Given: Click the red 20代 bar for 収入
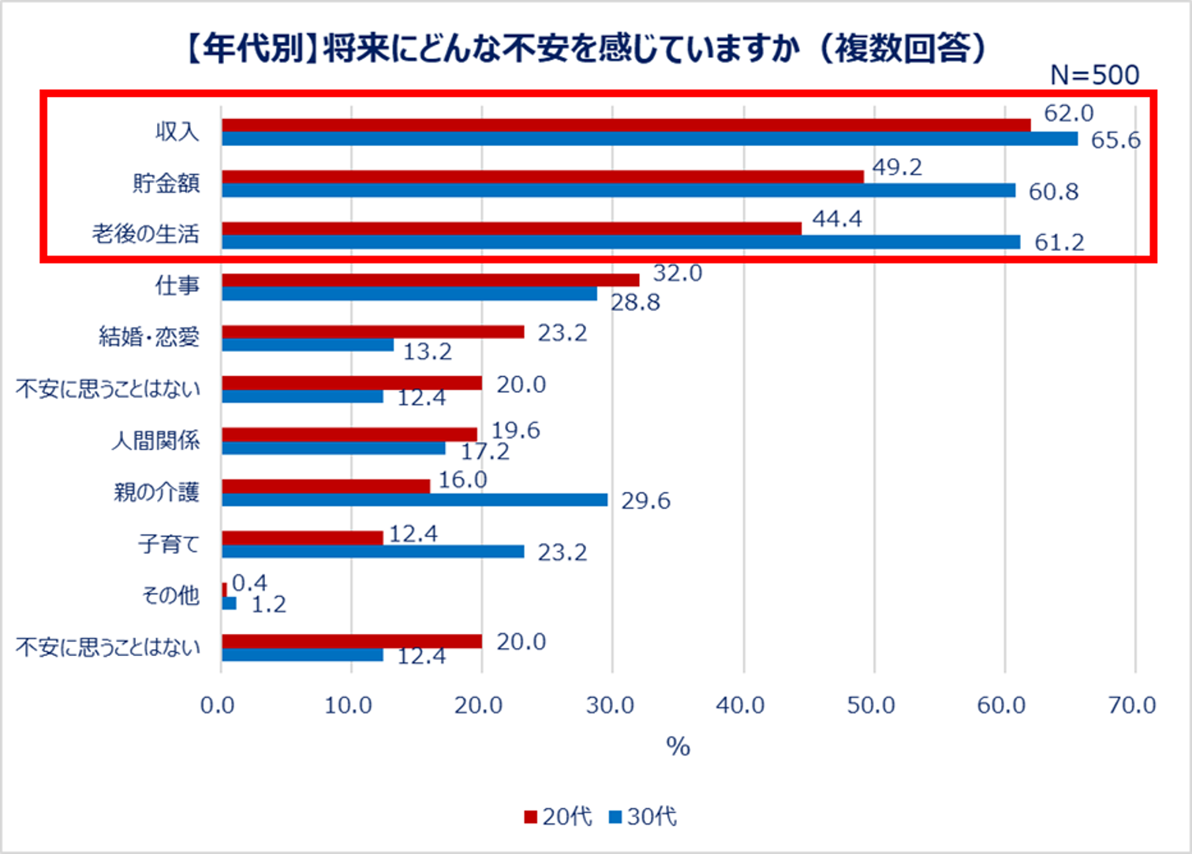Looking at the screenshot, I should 626,125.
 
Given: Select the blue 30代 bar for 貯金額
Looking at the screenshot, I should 618,190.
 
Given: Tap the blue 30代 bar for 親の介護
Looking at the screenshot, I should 414,500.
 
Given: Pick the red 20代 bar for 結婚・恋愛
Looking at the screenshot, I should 372,332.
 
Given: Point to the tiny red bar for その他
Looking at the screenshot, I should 225,589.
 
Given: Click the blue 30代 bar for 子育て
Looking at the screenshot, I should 372,551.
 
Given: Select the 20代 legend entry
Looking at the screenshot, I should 558,817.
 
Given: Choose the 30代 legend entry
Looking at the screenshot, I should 643,817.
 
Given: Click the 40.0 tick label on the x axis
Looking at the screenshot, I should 740,705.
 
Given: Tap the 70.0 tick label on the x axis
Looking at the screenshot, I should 1132,705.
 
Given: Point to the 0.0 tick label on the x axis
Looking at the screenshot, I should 218,705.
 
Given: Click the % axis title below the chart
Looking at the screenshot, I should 678,747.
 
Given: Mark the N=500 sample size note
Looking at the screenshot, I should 1094,75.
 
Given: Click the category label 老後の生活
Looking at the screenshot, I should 145,234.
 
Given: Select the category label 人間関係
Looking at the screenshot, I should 155,440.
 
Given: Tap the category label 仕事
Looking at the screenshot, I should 177,285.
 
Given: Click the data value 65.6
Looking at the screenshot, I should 1115,140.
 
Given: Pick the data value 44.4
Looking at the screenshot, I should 837,218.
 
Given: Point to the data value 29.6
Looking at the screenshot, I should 645,501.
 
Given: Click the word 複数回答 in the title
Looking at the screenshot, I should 902,49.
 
